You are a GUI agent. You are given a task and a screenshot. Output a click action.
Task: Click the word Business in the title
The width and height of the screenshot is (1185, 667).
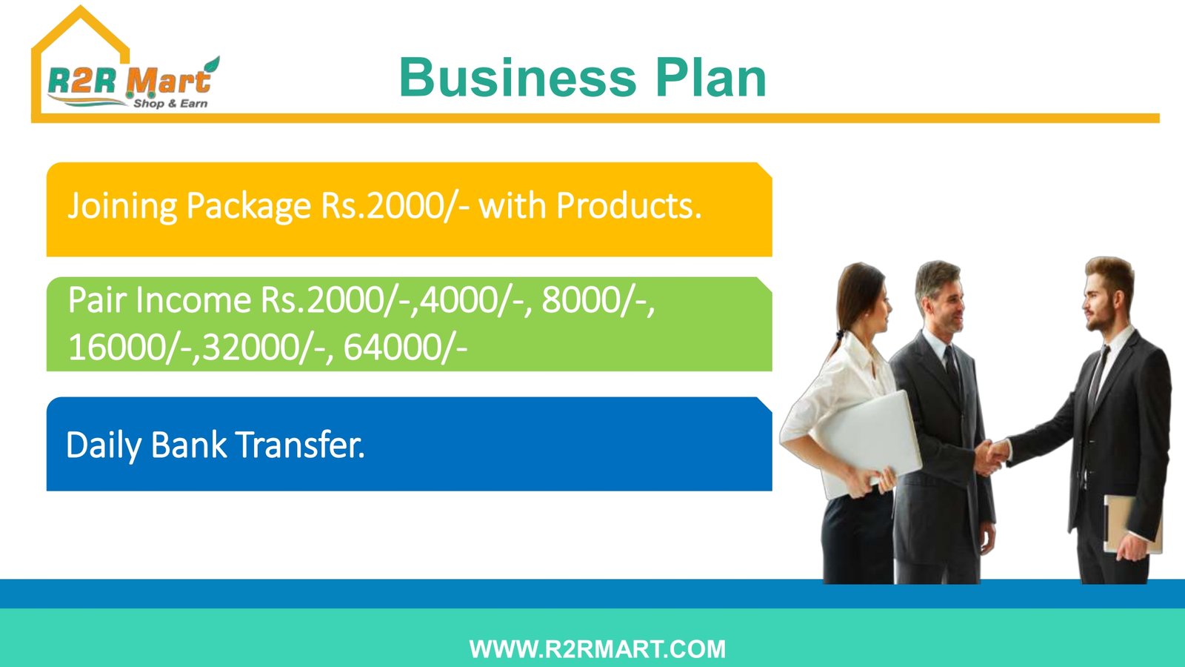[x=518, y=78]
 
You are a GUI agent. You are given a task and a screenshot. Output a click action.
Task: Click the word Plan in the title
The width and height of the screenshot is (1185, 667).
[x=711, y=78]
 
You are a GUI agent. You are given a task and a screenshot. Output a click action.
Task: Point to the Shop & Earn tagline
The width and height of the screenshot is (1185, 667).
[x=170, y=103]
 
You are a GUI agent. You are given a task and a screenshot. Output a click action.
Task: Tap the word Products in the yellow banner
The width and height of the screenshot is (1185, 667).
[x=629, y=205]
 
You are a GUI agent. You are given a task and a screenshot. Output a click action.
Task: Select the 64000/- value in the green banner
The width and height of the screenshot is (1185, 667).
[x=405, y=348]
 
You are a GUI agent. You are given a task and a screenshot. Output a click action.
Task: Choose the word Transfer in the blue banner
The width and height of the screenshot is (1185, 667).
[x=300, y=445]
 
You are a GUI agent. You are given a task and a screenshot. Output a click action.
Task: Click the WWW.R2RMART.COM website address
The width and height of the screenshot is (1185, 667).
[x=597, y=649]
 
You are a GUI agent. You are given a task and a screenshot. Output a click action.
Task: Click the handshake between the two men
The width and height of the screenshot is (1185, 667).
[x=990, y=454]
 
